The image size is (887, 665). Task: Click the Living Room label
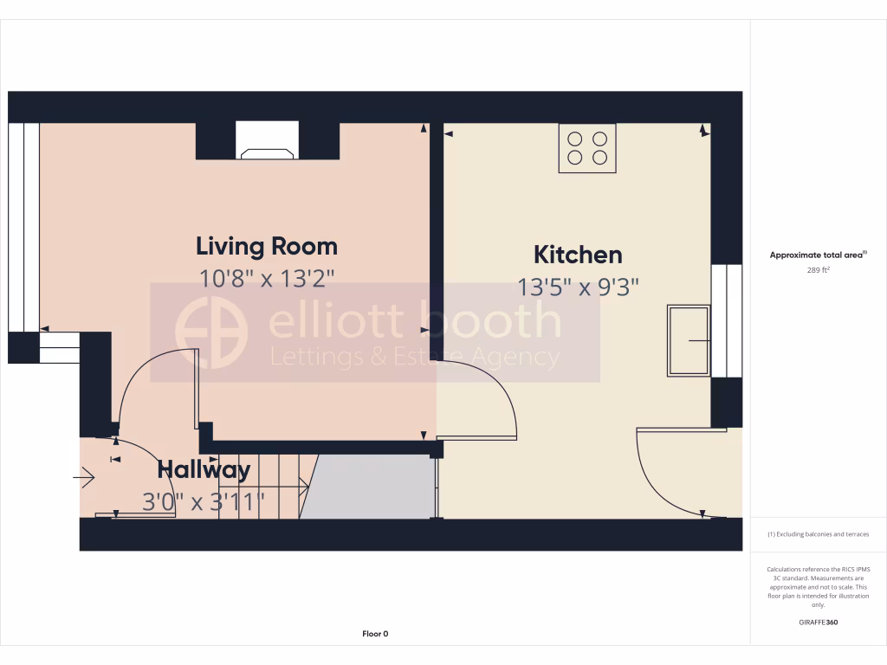267,246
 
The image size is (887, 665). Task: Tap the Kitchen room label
578,255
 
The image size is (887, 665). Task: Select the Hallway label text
204,470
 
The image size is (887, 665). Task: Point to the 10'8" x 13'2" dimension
267,278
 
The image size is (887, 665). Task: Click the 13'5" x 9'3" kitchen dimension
578,287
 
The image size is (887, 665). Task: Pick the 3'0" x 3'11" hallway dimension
204,501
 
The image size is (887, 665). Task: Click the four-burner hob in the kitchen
587,148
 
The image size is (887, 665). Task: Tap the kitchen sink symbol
689,340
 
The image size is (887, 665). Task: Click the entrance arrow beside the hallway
85,477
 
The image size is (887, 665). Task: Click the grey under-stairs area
368,487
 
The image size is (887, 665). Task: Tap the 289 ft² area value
818,270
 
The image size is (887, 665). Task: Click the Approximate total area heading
817,255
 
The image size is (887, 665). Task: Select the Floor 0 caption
375,634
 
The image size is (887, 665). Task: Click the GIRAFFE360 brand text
818,622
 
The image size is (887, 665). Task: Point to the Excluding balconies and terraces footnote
818,534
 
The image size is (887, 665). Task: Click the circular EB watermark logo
211,332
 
